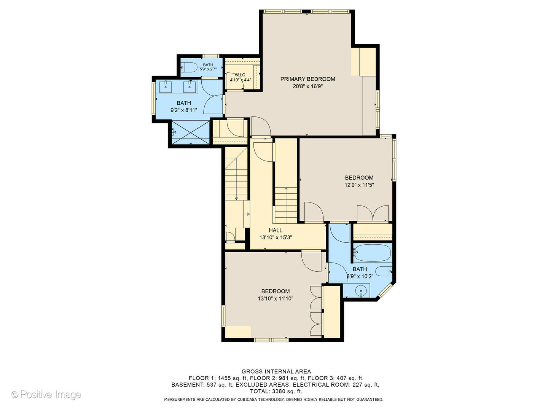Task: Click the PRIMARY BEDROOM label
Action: [x=307, y=79]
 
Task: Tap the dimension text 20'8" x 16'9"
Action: [x=307, y=86]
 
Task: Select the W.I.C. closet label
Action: [x=241, y=75]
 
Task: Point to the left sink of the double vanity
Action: [x=166, y=87]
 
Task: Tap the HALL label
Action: [x=276, y=230]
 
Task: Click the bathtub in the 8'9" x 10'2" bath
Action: [x=371, y=253]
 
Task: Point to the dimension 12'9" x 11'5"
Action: [x=359, y=185]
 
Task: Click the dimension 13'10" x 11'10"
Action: [x=276, y=299]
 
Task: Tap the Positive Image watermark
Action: [x=46, y=395]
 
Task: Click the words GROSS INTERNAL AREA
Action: [x=276, y=371]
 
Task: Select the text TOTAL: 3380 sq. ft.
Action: [x=276, y=391]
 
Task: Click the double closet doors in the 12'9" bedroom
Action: [x=373, y=213]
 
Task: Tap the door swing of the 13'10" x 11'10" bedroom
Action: [x=311, y=262]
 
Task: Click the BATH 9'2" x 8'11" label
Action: [x=183, y=107]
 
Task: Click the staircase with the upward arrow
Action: [x=285, y=205]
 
